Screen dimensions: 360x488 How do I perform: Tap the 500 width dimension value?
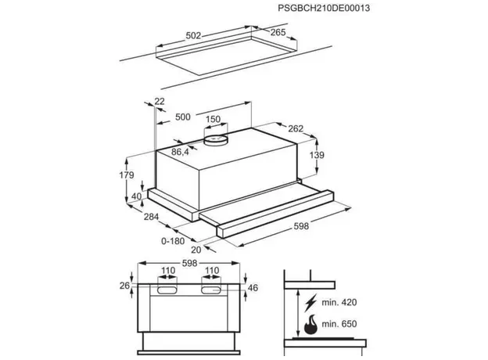(x=183, y=117)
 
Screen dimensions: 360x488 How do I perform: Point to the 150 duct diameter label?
(x=212, y=120)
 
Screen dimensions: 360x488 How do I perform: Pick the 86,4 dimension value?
(x=181, y=152)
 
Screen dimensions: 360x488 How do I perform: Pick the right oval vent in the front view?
(x=212, y=290)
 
